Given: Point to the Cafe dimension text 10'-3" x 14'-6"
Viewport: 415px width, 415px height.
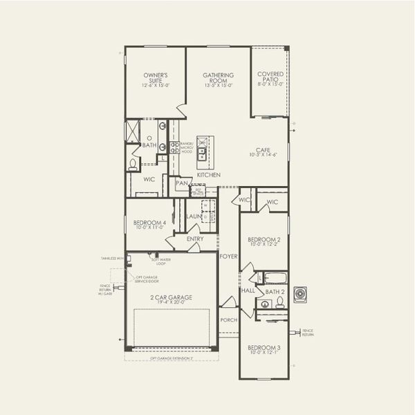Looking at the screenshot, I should tap(264, 154).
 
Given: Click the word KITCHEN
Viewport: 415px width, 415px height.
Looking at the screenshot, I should tap(208, 175).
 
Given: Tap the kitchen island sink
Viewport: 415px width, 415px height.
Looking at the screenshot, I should tap(202, 153).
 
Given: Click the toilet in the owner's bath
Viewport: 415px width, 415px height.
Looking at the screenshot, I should tap(132, 165).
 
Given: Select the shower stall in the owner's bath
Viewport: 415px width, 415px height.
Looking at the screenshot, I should tap(132, 131).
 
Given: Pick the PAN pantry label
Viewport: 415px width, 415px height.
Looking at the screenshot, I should tap(182, 183).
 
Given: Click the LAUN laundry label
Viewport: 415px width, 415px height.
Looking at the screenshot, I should tap(194, 216).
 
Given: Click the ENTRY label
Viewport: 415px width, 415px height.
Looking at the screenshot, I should tap(195, 239).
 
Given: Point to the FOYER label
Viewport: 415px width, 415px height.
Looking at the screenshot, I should tap(228, 256).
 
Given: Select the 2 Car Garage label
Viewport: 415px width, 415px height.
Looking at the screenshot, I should tap(172, 299).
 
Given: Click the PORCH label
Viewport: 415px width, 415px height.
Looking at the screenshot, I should tap(228, 320).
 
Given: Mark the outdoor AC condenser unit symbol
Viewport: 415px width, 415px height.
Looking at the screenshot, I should tap(301, 294).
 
